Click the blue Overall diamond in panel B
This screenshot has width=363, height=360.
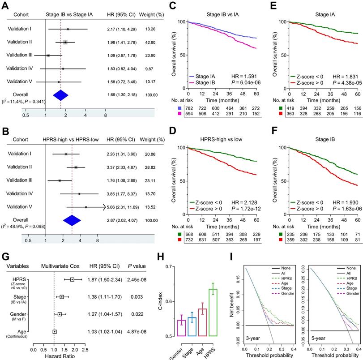72,220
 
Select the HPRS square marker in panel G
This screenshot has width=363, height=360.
72,280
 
